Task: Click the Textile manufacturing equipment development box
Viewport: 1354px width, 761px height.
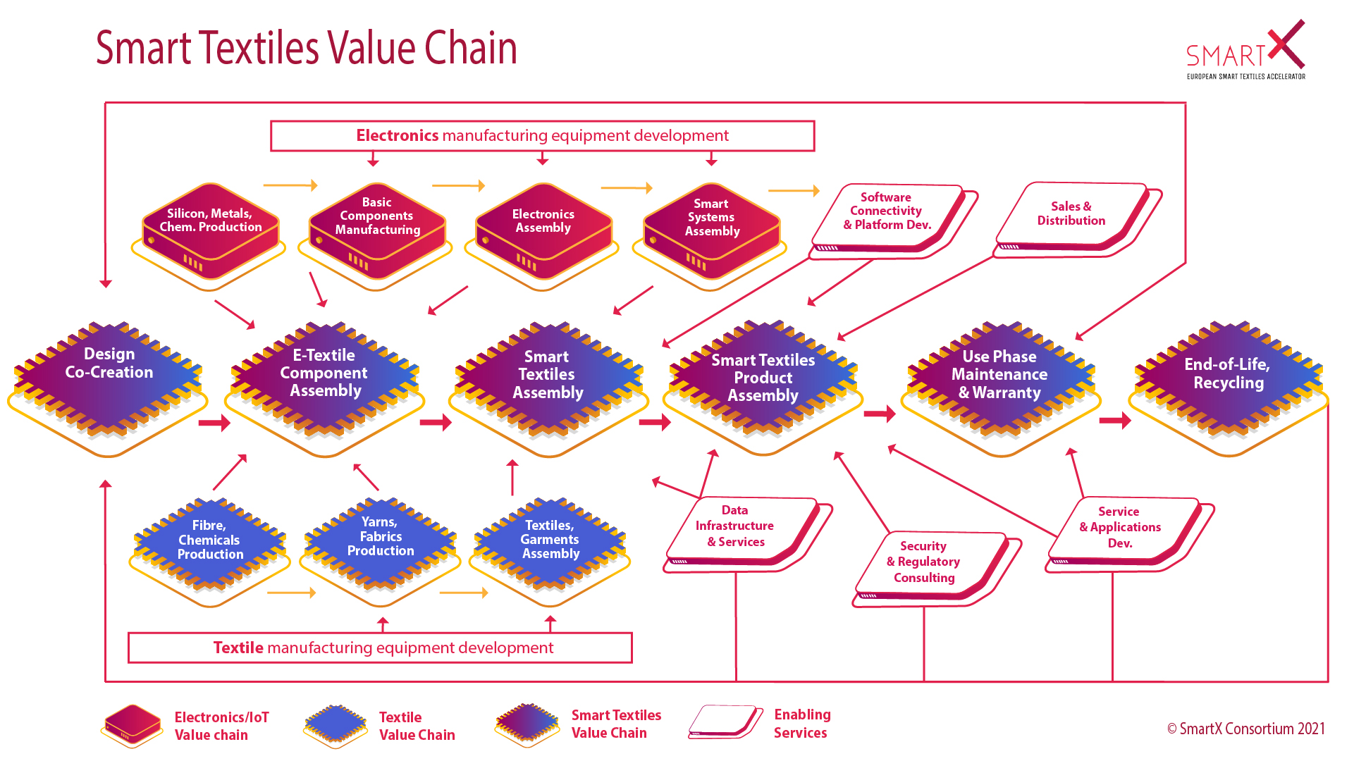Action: pos(380,648)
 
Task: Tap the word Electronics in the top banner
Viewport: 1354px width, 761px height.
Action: pos(397,135)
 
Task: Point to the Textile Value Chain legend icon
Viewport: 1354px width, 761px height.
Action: pos(336,725)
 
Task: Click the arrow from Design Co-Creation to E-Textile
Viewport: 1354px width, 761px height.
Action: pos(214,423)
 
